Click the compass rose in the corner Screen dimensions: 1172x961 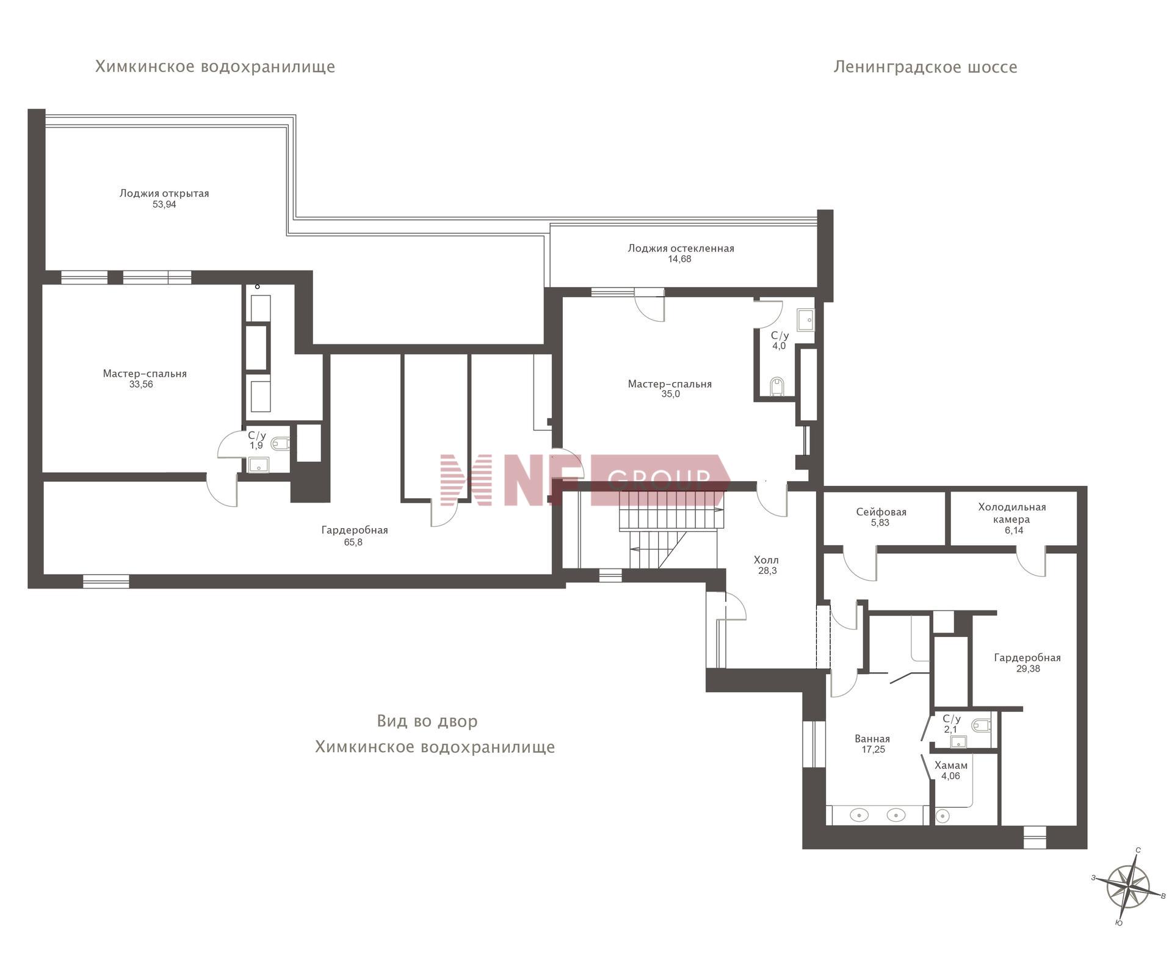click(1128, 887)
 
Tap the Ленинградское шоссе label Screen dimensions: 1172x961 click(925, 67)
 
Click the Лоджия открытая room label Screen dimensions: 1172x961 click(164, 194)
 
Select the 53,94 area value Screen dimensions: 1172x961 click(164, 205)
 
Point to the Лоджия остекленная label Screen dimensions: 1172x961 click(681, 248)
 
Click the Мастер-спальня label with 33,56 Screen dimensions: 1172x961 click(145, 374)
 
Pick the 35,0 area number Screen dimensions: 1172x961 click(670, 394)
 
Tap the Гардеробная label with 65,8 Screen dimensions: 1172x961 click(355, 531)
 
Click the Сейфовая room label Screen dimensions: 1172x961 click(881, 512)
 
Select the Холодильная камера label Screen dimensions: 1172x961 click(1012, 513)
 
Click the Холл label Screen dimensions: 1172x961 click(766, 560)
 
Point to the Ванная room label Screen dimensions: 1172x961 click(872, 739)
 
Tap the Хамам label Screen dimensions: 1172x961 click(951, 766)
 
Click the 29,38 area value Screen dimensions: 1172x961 click(1028, 669)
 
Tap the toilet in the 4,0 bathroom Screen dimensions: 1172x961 click(777, 386)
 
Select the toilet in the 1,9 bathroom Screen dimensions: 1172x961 click(281, 443)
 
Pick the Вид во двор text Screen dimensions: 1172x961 click(427, 721)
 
